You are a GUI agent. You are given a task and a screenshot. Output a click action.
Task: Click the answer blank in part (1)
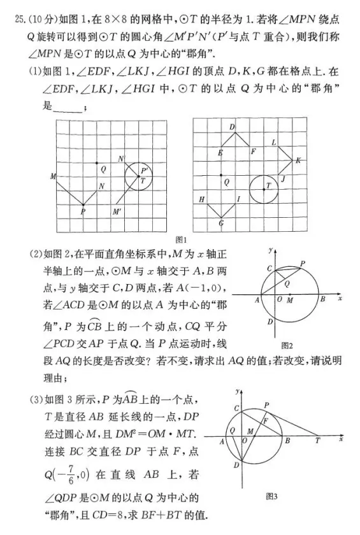click(68, 108)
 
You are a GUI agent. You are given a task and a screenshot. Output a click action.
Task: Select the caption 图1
click(180, 239)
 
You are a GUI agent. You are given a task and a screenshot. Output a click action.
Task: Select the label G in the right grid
click(220, 224)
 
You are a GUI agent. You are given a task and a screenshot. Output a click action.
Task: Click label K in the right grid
click(298, 160)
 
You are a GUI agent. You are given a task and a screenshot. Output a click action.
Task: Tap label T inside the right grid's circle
click(268, 185)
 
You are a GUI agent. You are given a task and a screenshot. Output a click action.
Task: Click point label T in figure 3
click(317, 441)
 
